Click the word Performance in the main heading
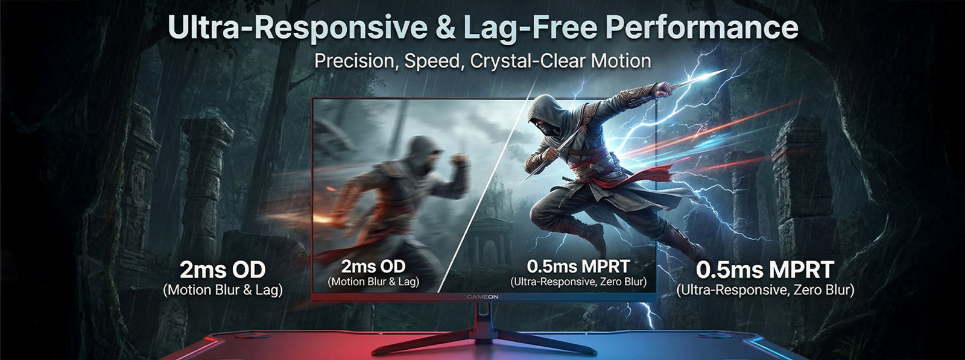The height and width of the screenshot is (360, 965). [x=702, y=28]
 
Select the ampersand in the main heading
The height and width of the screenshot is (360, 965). [x=446, y=28]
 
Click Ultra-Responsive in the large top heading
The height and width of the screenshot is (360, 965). [x=298, y=28]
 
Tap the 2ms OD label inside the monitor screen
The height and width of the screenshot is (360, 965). [x=373, y=266]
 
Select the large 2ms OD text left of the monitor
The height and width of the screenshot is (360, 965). [x=223, y=270]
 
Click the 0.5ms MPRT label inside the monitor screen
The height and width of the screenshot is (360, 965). [x=578, y=267]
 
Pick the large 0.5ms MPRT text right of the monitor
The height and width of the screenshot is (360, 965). [x=765, y=270]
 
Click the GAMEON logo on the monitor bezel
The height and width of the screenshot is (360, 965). [x=482, y=297]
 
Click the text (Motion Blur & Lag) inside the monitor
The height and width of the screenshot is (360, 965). [x=373, y=282]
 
